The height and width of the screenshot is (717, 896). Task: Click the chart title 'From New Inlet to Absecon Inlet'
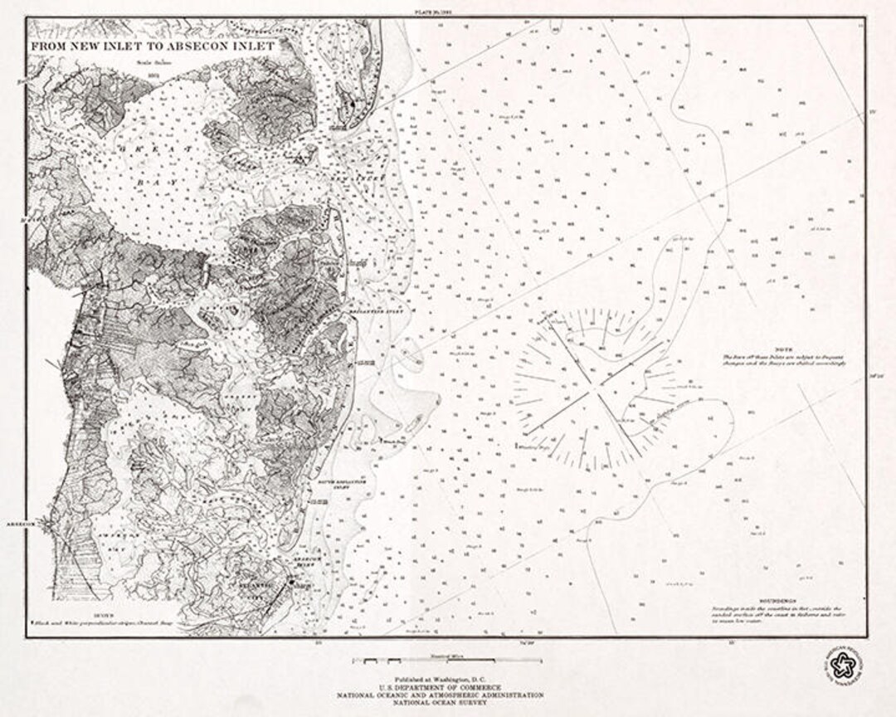pyautogui.click(x=153, y=46)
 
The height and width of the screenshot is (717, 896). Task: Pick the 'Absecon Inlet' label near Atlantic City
pyautogui.click(x=305, y=563)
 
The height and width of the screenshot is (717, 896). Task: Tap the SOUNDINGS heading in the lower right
pyautogui.click(x=777, y=601)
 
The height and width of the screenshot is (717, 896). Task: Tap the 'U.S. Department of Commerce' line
pyautogui.click(x=448, y=687)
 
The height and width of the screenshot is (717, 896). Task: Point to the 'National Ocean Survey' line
pyautogui.click(x=448, y=702)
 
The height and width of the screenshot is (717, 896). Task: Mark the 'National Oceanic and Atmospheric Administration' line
pyautogui.click(x=448, y=695)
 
